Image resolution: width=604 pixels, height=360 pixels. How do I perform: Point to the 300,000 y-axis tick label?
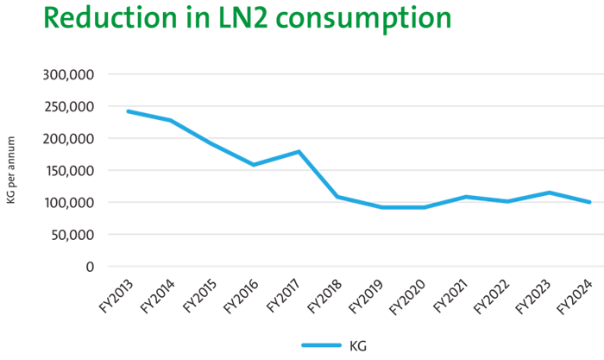[68, 74]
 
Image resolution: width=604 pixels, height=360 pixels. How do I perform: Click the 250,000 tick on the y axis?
[68, 106]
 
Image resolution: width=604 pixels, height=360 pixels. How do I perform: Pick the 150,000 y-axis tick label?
[68, 170]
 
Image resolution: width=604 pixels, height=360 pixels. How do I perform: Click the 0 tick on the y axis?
[90, 266]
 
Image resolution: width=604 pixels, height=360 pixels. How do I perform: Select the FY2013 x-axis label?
[110, 295]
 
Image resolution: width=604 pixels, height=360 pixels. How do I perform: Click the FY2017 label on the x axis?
[286, 295]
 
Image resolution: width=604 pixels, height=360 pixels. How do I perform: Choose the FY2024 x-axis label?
[573, 295]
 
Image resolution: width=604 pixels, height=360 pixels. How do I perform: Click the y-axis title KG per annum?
[11, 171]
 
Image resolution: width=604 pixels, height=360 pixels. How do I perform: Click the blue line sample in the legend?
[322, 345]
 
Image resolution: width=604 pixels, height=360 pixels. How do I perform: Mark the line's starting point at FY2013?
[128, 111]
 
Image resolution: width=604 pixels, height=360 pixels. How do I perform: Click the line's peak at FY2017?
[298, 151]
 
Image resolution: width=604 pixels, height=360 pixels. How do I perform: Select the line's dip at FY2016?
[254, 164]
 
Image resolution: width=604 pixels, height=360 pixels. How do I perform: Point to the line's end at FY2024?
[590, 202]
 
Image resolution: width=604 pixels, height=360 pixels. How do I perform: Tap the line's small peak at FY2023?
[548, 192]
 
